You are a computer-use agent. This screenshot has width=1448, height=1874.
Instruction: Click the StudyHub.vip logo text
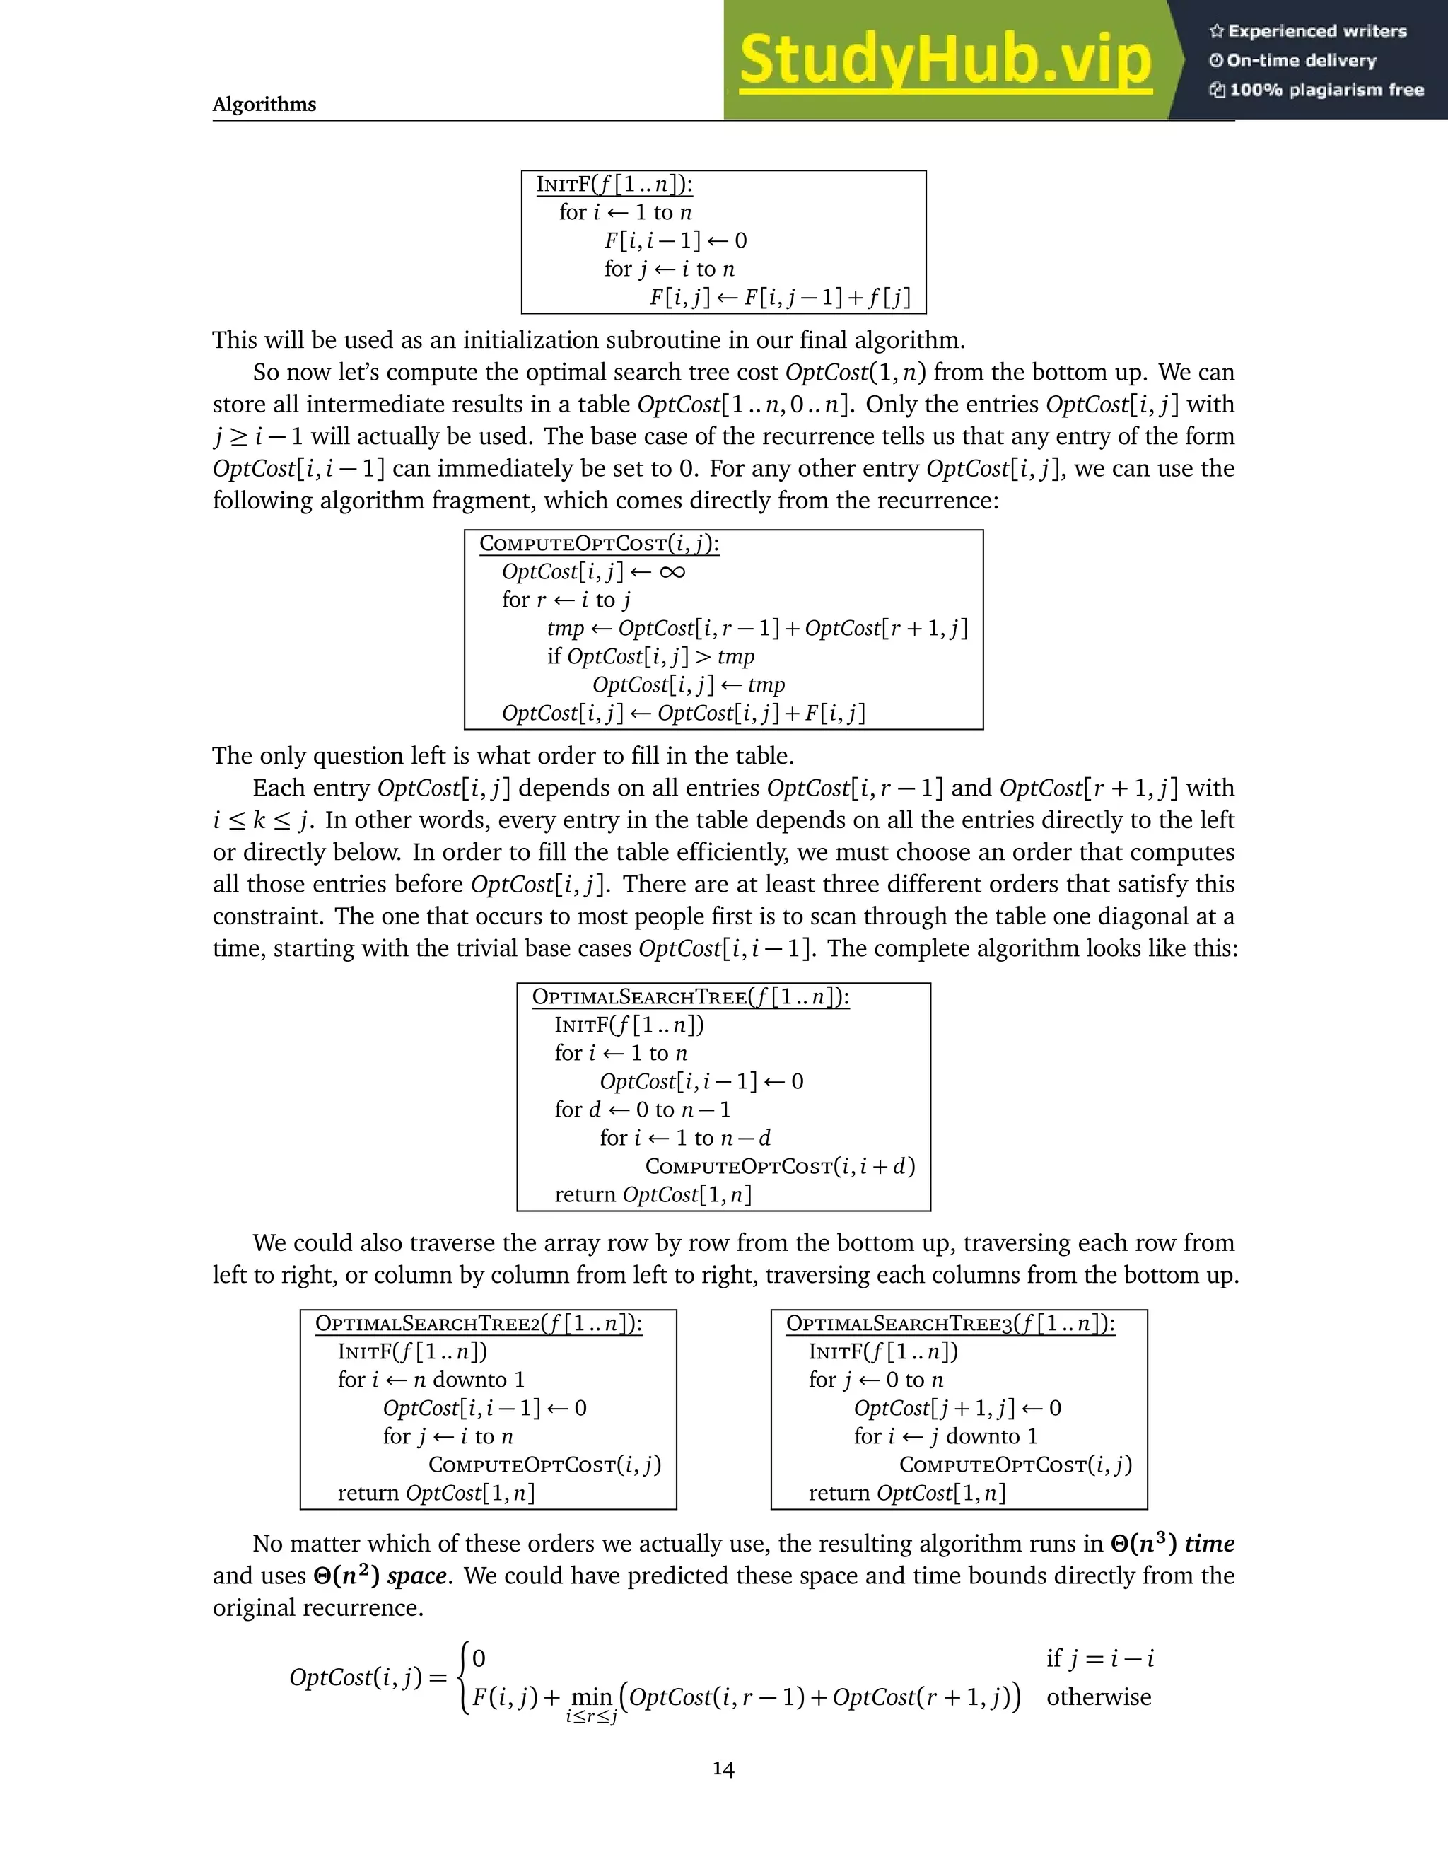pos(945,60)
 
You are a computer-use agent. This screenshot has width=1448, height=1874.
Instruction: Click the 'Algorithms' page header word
pos(264,104)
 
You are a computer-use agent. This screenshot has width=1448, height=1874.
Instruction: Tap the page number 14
pos(723,1768)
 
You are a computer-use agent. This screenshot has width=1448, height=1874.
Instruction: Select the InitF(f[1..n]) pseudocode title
pos(614,185)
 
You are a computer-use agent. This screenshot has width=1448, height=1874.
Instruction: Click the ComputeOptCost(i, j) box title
pos(599,543)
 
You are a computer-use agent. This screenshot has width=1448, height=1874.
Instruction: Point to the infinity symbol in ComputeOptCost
pos(672,571)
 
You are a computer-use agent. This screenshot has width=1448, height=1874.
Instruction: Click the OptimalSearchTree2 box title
pos(479,1323)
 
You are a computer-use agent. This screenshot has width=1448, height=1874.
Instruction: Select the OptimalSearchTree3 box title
pos(950,1323)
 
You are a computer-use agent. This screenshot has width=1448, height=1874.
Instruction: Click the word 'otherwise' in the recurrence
pos(1098,1697)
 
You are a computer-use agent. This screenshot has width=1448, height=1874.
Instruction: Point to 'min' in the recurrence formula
pos(591,1697)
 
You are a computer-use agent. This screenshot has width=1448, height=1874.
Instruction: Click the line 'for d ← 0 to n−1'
pos(643,1110)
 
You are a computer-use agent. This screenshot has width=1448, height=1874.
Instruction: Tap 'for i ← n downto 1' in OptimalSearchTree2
pos(431,1380)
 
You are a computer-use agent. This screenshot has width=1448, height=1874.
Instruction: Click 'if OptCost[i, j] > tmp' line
pos(650,656)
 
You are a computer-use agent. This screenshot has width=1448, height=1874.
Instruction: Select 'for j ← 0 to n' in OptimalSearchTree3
pos(875,1380)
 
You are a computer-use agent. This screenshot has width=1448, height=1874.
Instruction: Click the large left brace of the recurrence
pos(464,1677)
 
